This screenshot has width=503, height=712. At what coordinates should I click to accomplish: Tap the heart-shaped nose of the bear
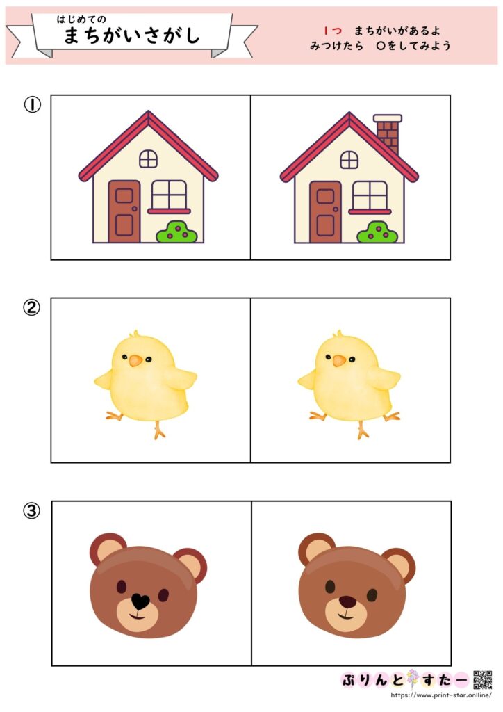(140, 601)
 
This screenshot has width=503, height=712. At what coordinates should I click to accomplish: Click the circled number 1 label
(32, 104)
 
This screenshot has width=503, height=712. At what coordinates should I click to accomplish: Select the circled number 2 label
(32, 307)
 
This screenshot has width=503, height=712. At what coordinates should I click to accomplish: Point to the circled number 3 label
(32, 511)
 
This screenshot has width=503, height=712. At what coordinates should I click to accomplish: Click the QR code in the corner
(483, 680)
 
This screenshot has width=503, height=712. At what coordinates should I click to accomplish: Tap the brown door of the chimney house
(325, 211)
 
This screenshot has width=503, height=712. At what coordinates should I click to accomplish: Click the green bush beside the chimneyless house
(176, 232)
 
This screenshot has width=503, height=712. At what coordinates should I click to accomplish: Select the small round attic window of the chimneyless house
(148, 159)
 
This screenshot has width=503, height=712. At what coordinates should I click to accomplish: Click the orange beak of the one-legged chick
(136, 361)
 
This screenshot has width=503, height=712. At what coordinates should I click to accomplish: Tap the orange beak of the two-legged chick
(339, 361)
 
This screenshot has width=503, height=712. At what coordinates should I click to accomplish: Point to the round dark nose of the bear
(347, 602)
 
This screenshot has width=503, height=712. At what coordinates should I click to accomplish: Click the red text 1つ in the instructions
(333, 31)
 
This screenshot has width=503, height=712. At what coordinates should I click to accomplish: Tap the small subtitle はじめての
(81, 19)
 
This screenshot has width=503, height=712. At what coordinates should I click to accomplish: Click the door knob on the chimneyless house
(134, 209)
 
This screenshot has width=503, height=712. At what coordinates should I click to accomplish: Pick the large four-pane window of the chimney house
(370, 195)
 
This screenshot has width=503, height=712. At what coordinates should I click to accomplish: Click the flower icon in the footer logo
(413, 679)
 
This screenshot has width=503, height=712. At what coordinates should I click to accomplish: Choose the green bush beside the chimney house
(377, 232)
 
